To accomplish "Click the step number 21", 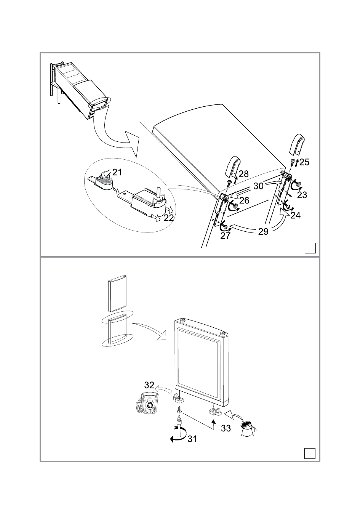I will click(x=117, y=172).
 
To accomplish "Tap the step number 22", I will click(x=169, y=218).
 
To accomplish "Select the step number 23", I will click(x=302, y=195).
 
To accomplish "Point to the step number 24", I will click(x=295, y=216).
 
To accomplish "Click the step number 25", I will click(x=304, y=162).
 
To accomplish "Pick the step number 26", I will click(x=244, y=200).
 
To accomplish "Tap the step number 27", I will click(x=226, y=236).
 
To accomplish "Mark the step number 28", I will click(x=243, y=174).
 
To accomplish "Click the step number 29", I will click(x=263, y=231).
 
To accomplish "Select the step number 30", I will click(x=259, y=186).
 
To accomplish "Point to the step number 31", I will click(x=192, y=439).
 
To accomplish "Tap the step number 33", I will click(x=226, y=428).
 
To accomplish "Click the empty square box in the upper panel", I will click(x=310, y=248).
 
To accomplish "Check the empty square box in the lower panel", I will click(x=310, y=453).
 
